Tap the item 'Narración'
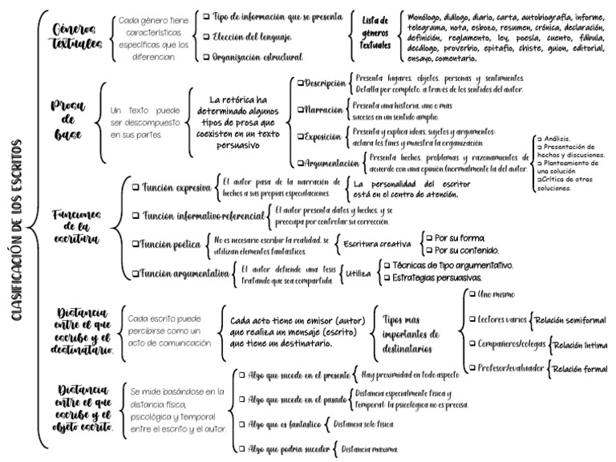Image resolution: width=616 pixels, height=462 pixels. tap(323, 109)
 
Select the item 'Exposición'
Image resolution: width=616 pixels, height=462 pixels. tap(324, 136)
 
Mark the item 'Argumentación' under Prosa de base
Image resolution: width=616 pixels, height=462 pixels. tap(329, 163)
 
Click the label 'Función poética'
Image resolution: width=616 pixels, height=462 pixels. tap(171, 243)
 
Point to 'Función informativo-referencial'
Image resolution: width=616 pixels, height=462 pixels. tap(201, 216)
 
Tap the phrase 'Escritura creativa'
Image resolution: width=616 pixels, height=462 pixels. tap(377, 243)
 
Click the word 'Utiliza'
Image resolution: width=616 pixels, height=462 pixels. tap(358, 274)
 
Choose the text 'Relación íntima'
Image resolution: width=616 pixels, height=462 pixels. tap(580, 346)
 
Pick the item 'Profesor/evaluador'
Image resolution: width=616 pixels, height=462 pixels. tap(506, 370)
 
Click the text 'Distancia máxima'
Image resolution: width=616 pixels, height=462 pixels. tap(369, 449)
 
